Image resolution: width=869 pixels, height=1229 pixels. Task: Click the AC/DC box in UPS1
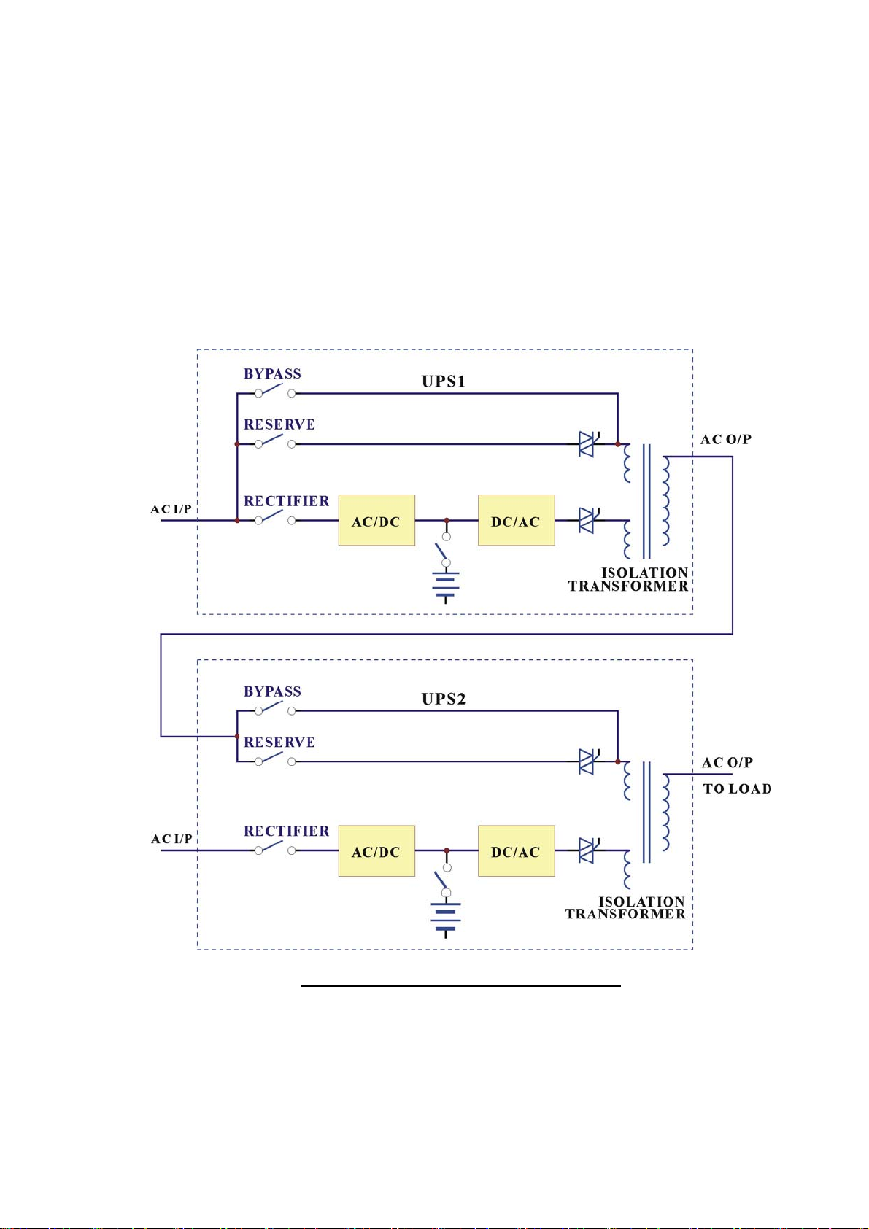click(376, 519)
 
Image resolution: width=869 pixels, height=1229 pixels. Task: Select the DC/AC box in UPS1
click(516, 519)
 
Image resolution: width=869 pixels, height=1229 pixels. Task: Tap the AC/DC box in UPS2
click(376, 850)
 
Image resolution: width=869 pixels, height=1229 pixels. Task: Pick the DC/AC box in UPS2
click(516, 850)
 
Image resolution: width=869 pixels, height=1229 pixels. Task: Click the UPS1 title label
click(443, 381)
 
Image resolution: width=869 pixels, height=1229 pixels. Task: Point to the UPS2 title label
click(443, 699)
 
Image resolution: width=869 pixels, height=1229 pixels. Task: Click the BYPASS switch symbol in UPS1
click(275, 391)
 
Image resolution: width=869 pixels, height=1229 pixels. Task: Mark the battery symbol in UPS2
click(445, 919)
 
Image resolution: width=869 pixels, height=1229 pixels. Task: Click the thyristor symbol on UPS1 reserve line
click(587, 443)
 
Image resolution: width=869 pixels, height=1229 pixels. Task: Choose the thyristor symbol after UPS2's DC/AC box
click(587, 850)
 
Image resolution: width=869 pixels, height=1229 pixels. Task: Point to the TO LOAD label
click(737, 788)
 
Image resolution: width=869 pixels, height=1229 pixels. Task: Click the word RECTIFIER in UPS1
click(286, 501)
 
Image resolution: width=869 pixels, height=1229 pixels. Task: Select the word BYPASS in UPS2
click(272, 691)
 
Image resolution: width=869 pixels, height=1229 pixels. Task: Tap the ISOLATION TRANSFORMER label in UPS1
click(628, 579)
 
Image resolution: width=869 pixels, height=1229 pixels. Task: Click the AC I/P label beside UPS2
click(171, 839)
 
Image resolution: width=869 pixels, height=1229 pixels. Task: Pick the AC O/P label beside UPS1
click(726, 439)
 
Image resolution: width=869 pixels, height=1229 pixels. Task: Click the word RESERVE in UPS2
click(279, 743)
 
